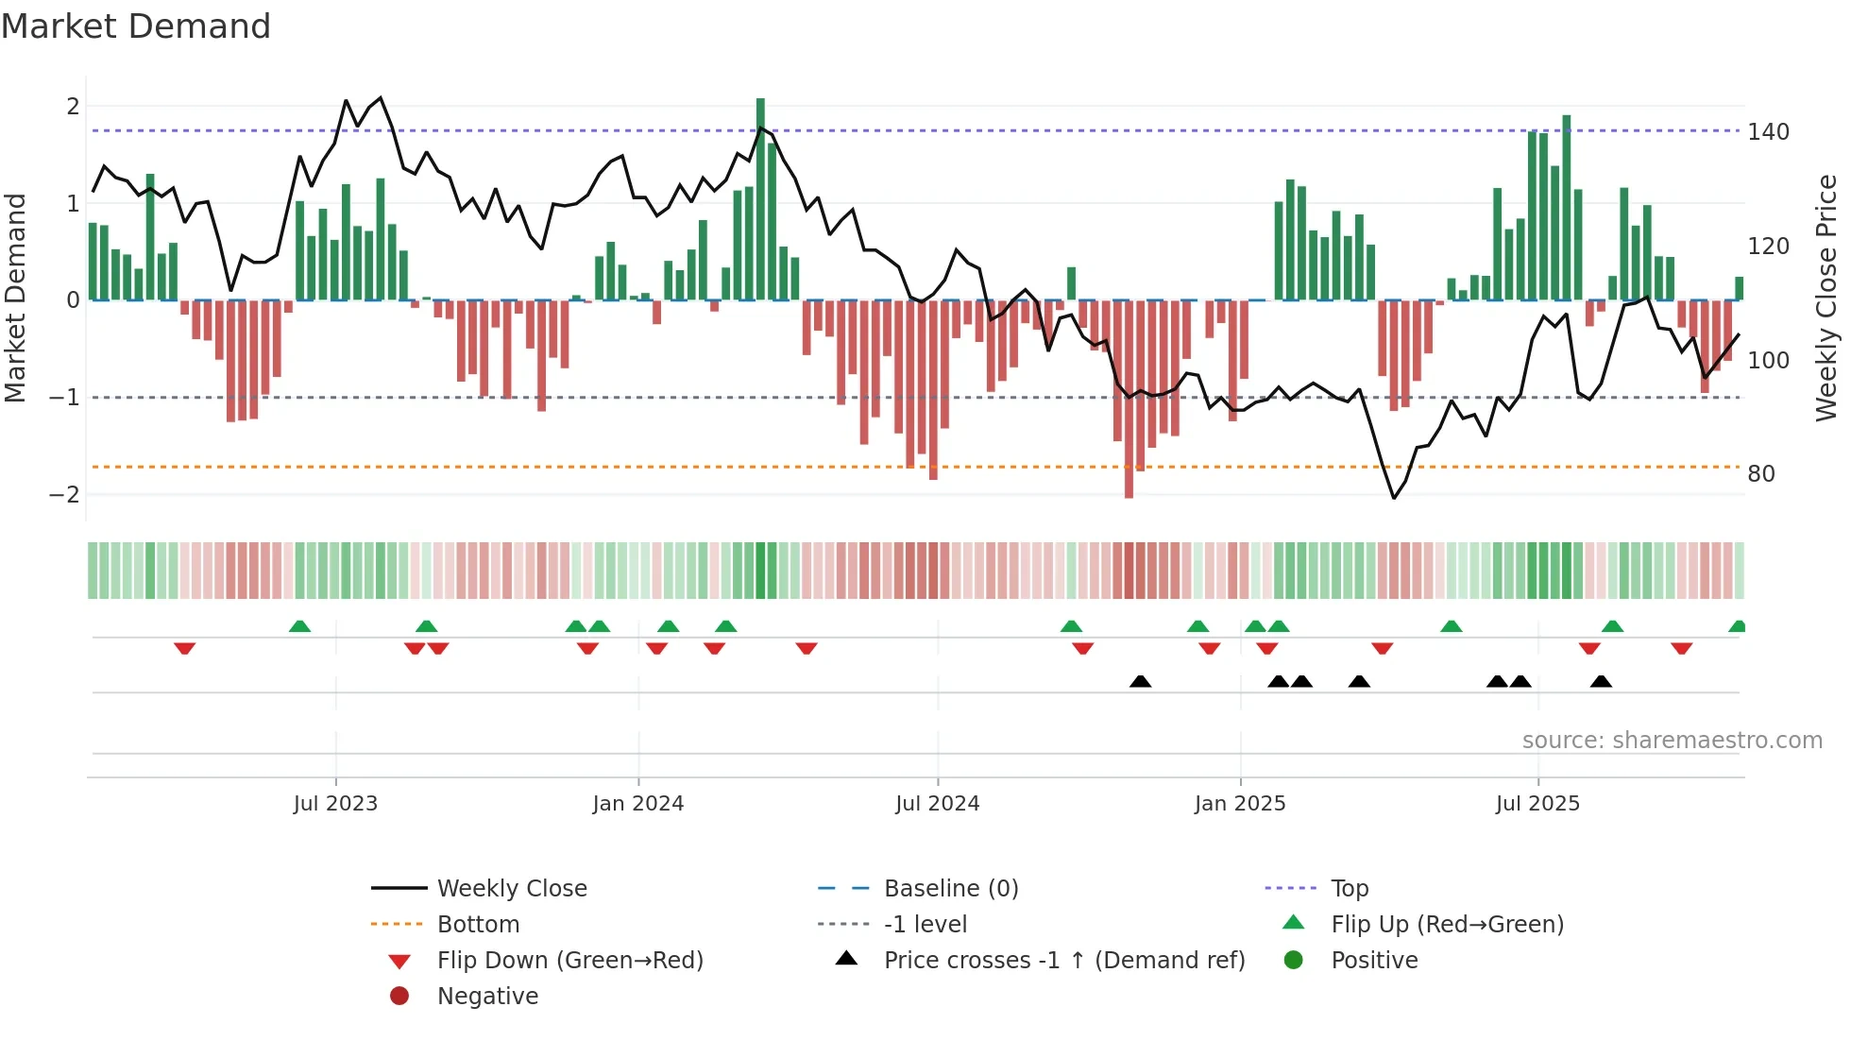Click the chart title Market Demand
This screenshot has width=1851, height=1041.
[x=136, y=26]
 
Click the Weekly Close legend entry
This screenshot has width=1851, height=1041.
[x=511, y=888]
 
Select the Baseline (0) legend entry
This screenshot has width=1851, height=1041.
[x=950, y=888]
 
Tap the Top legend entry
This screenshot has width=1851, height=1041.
[x=1349, y=888]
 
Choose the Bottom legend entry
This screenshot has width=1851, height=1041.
[x=478, y=924]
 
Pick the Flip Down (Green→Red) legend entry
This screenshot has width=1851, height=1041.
[x=569, y=960]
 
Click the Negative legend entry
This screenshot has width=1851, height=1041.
[x=487, y=996]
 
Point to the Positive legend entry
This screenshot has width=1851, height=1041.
[x=1373, y=960]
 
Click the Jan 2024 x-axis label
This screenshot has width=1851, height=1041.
[x=637, y=804]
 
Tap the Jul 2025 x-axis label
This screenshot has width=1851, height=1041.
[x=1537, y=804]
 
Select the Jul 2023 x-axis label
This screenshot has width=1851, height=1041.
[x=335, y=804]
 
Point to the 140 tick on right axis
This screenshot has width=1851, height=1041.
[x=1768, y=132]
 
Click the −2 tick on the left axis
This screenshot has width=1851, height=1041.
[x=64, y=494]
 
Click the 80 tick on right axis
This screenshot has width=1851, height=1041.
[x=1760, y=473]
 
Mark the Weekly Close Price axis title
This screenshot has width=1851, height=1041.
[x=1826, y=298]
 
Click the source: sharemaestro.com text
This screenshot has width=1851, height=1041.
[x=1672, y=740]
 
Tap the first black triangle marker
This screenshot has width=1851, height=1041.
[x=1140, y=681]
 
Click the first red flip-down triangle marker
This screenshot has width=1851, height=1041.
[x=184, y=648]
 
